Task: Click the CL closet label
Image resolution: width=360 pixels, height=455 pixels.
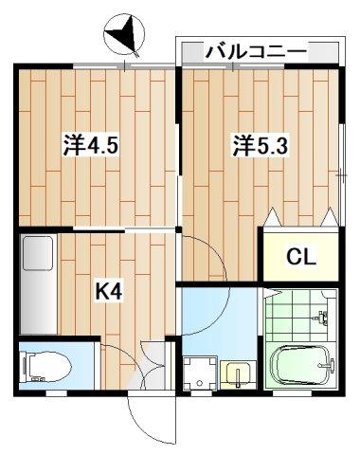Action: (302, 256)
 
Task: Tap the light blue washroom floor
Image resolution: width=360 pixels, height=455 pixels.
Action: (218, 318)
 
